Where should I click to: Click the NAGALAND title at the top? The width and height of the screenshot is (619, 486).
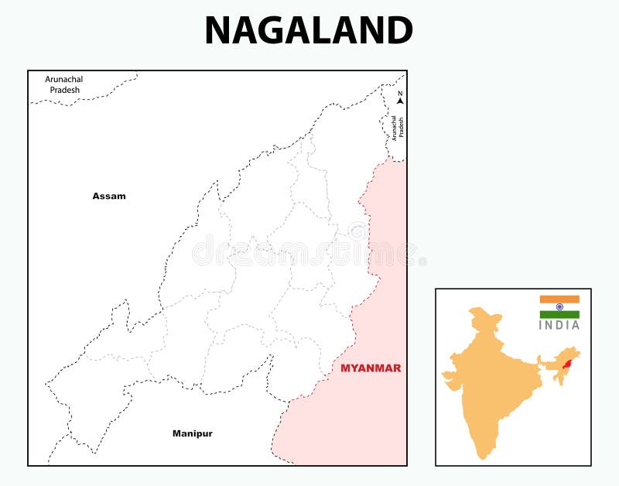tap(309, 31)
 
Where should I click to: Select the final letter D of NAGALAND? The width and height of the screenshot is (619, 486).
tap(398, 31)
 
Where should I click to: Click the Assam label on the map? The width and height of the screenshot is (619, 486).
tap(109, 197)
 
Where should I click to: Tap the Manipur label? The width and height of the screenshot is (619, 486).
tap(192, 433)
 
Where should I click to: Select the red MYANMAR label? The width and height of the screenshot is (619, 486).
tap(371, 368)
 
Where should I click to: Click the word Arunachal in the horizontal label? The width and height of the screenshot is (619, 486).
tap(64, 80)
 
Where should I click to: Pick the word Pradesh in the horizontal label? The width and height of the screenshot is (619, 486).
tap(64, 90)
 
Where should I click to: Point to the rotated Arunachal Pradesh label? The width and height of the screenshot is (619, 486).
tap(397, 126)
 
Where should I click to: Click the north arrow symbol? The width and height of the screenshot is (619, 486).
tap(400, 101)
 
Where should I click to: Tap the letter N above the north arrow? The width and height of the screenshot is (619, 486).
tap(400, 94)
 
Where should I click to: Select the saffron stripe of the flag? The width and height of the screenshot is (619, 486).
tap(559, 299)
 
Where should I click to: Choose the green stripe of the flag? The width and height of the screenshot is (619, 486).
tap(559, 314)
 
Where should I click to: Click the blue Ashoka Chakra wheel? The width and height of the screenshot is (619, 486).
tap(559, 306)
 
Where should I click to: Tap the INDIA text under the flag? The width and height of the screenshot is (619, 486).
tap(559, 326)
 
